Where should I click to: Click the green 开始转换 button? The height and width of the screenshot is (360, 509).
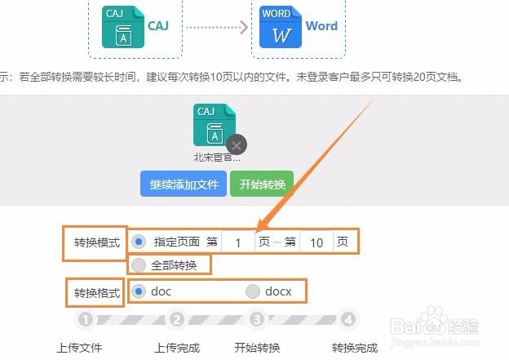262,184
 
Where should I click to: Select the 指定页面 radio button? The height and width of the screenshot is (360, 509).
139,242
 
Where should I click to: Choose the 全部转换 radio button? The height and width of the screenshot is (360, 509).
139,264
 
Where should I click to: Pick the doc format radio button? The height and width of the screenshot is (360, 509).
139,291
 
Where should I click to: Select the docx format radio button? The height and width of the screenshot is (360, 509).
253,291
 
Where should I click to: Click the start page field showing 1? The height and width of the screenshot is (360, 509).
238,242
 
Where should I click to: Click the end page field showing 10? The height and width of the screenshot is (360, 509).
317,242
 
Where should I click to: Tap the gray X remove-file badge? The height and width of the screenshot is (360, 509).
237,146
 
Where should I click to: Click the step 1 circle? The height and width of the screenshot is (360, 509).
86,319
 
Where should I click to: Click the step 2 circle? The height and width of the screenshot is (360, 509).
177,319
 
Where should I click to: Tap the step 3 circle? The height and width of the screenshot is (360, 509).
256,319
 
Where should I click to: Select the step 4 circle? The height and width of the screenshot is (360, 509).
348,319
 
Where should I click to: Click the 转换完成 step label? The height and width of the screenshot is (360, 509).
355,347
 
